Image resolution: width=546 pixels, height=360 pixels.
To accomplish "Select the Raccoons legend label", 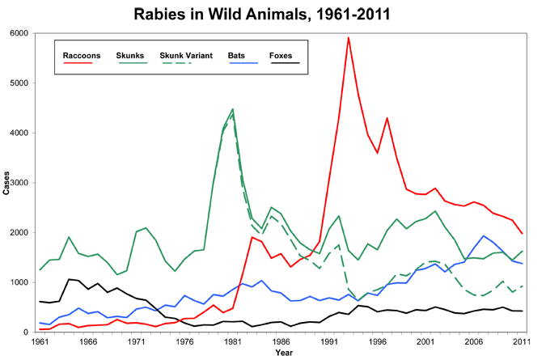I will pyautogui.click(x=82, y=55).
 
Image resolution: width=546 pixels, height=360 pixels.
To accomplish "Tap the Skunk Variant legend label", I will pyautogui.click(x=187, y=55).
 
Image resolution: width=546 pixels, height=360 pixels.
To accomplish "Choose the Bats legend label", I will pyautogui.click(x=237, y=55).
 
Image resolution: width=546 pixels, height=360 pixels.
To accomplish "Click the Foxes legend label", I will pyautogui.click(x=282, y=55).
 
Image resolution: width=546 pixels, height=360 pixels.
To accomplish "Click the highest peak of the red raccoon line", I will pyautogui.click(x=348, y=37).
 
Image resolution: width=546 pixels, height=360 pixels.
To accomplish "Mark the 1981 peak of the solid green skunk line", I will pyautogui.click(x=233, y=108).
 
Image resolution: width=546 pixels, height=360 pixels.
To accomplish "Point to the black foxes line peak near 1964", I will pyautogui.click(x=70, y=279).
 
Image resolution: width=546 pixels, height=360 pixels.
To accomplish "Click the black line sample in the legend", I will pyautogui.click(x=283, y=63).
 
